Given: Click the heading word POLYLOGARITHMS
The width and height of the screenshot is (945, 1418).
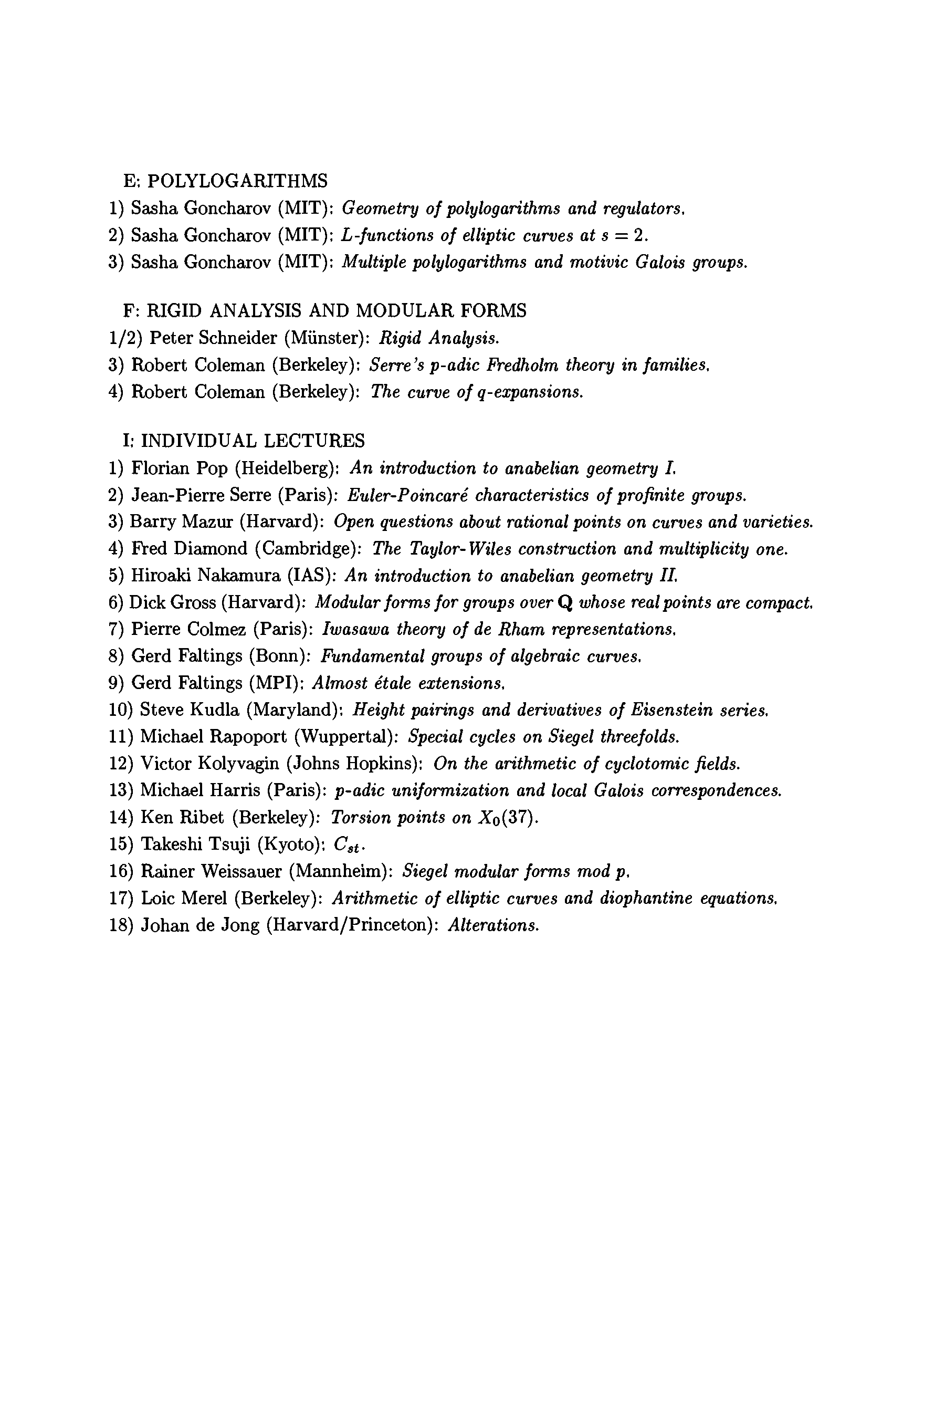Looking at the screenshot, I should pos(237,181).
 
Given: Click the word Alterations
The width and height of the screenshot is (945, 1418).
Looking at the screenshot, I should pos(493,925).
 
